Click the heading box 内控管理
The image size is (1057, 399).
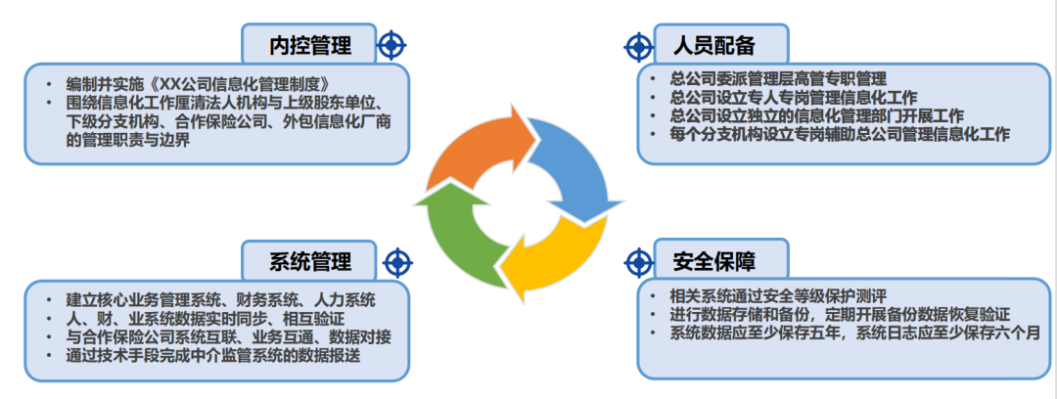(310, 44)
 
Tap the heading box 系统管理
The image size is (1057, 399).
(310, 261)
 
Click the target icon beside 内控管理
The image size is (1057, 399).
(391, 44)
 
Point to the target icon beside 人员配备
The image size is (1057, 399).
(638, 45)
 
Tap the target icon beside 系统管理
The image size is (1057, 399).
(396, 261)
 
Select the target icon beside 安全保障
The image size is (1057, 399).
(638, 261)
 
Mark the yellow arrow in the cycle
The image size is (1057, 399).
(558, 259)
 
